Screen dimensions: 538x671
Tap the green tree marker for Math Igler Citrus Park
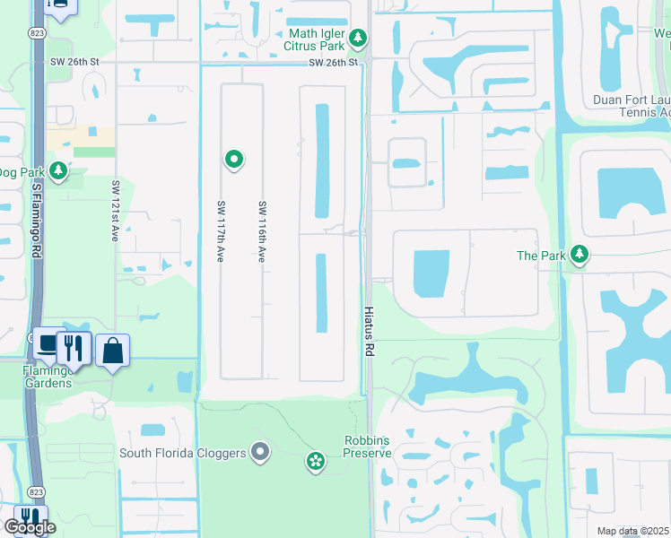(x=359, y=38)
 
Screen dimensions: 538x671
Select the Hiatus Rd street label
(x=368, y=333)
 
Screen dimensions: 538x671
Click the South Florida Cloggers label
(x=183, y=453)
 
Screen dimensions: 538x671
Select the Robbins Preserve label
(x=367, y=447)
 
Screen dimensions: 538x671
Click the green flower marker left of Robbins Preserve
(x=316, y=462)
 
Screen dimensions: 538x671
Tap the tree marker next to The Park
(x=580, y=256)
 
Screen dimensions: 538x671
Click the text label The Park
(x=541, y=256)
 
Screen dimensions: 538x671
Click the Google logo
(x=30, y=527)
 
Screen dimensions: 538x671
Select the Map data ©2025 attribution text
(x=632, y=531)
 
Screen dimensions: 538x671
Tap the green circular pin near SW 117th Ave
(x=234, y=160)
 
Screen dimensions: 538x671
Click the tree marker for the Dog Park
(x=58, y=169)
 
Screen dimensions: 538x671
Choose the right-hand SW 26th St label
(x=334, y=63)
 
